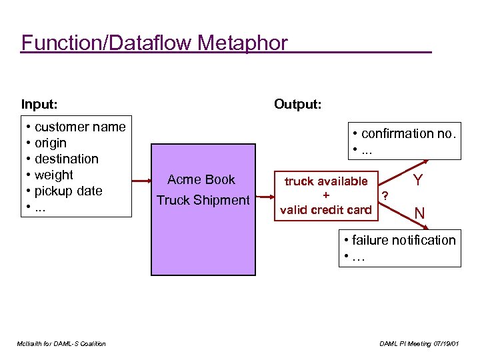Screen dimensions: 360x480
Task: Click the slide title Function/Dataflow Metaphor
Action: [155, 43]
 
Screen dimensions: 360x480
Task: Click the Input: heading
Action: [39, 104]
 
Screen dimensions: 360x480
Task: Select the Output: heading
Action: [298, 104]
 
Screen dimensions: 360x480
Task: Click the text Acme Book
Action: [201, 179]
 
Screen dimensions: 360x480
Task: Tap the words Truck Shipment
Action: [203, 200]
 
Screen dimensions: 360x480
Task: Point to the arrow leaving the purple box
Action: [265, 197]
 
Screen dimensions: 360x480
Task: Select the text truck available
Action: [326, 181]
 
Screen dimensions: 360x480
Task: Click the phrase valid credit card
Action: [326, 210]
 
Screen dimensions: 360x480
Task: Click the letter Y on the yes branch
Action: [417, 181]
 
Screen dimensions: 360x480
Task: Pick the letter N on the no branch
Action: [420, 214]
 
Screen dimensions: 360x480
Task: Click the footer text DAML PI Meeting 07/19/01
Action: [419, 343]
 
